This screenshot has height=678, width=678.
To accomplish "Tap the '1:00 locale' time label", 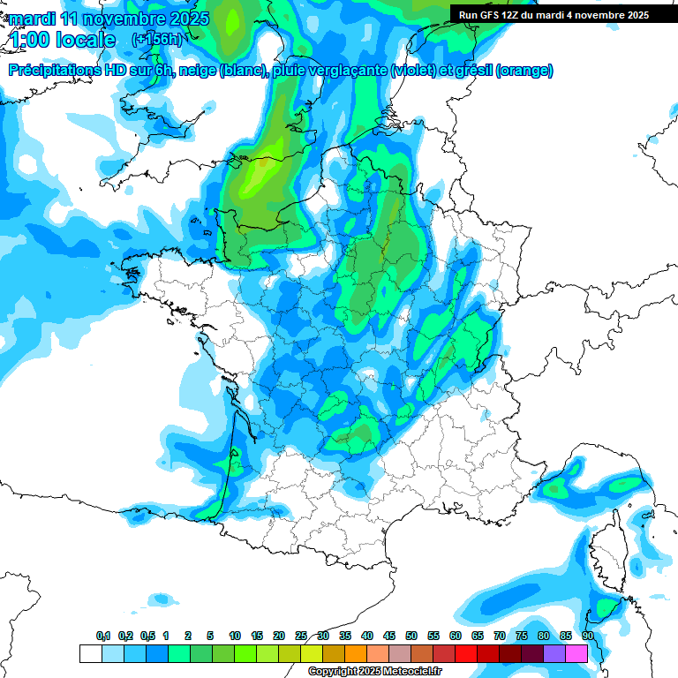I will pos(62,40).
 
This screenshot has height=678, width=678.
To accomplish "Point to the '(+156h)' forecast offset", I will pos(157,40).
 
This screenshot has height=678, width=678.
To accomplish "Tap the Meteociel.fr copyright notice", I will pos(374,672).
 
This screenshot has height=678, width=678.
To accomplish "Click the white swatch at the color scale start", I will pos(91,653).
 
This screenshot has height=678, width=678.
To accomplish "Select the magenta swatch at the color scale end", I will pos(576,653).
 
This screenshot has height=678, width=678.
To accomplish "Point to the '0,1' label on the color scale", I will pos(103,636).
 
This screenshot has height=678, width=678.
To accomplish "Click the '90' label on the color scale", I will pos(588,636).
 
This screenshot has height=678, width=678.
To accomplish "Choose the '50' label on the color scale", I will pos(411,636).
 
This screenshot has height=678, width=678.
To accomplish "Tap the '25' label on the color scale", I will pos(301,636).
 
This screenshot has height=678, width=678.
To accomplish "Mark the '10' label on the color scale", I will pos(235,636).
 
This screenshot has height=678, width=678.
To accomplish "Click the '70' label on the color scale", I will pos(500,636).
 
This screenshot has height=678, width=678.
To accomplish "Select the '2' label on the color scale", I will pos(188,636).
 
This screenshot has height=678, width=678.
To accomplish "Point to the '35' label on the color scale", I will pos(345,636).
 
